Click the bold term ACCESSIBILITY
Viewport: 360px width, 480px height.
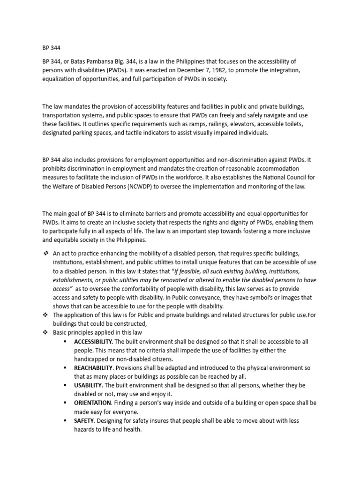(93, 341)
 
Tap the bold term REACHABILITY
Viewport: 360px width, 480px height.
(93, 368)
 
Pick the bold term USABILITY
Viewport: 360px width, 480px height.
(88, 385)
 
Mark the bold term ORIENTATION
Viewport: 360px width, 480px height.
(92, 403)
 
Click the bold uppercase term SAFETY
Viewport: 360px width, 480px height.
(84, 420)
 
